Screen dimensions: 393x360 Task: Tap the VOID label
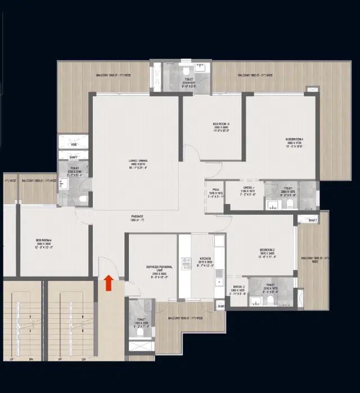pyautogui.click(x=74, y=144)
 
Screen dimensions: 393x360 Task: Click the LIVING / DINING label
pyautogui.click(x=137, y=164)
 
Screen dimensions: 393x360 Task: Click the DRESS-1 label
pyautogui.click(x=249, y=189)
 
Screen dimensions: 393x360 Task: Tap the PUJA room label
pyautogui.click(x=215, y=190)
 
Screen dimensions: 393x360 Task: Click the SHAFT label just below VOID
pyautogui.click(x=74, y=157)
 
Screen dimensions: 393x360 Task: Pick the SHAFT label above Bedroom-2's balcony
pyautogui.click(x=313, y=220)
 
